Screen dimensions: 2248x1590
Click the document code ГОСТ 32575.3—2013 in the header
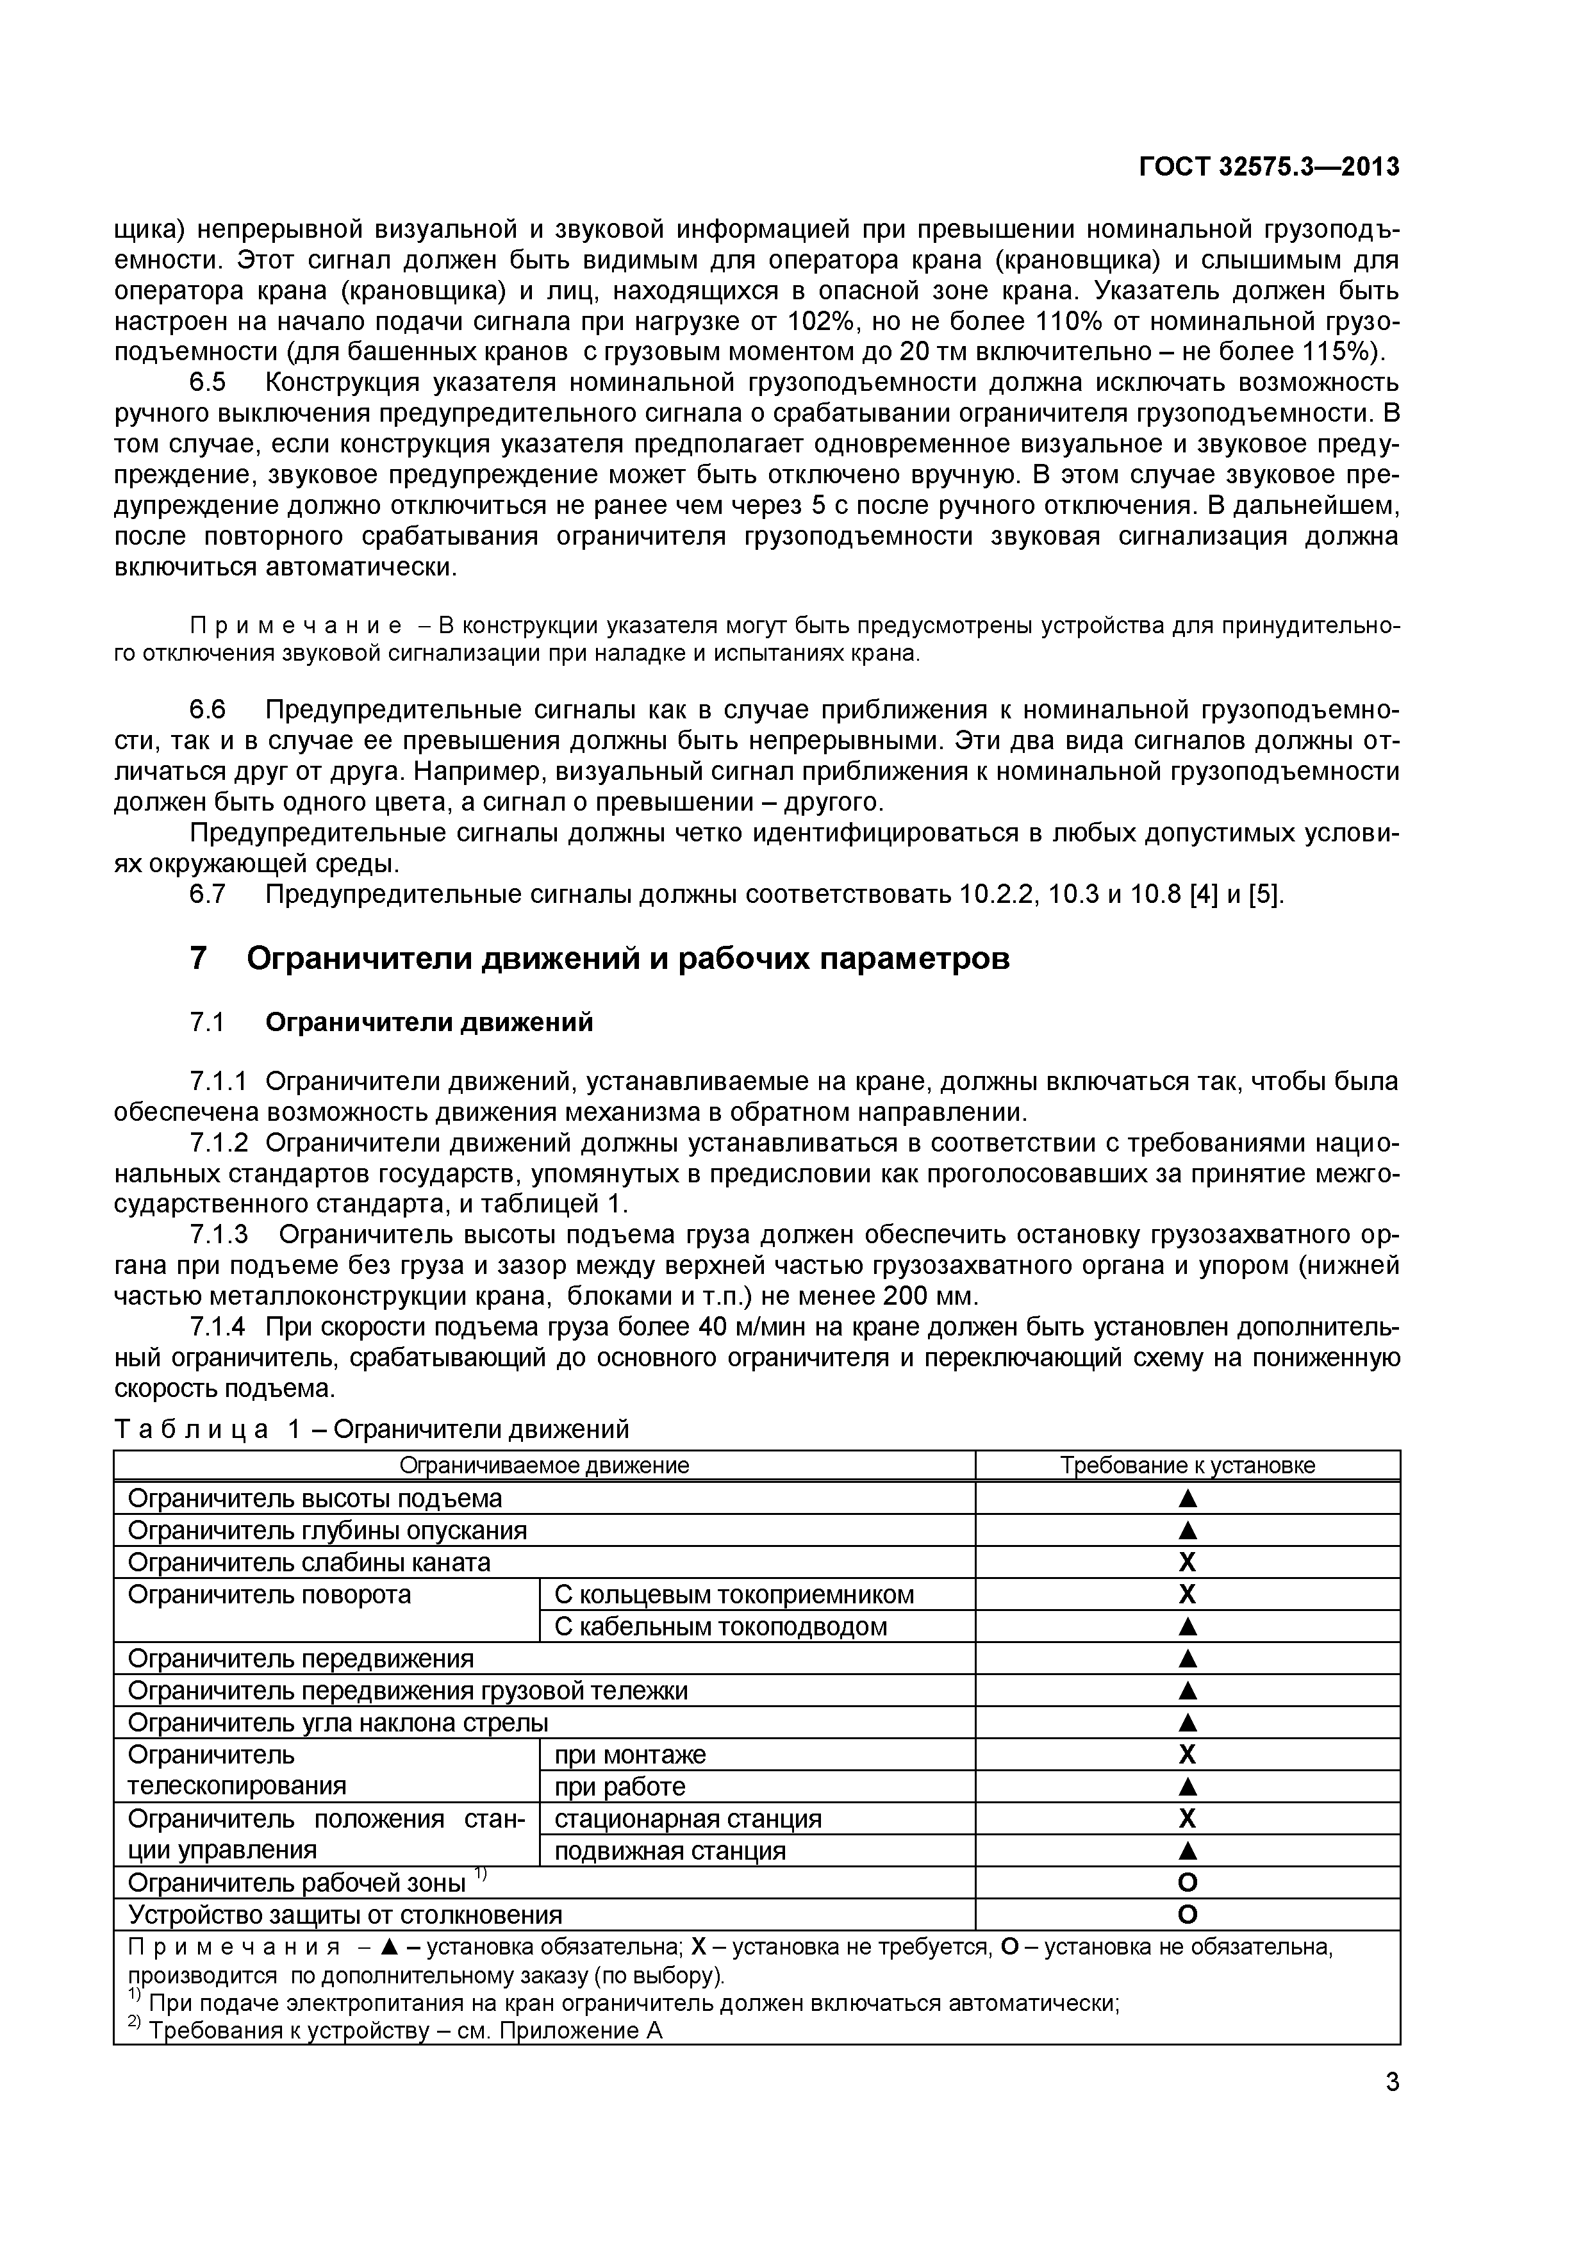(1269, 167)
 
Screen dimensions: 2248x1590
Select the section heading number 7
(198, 957)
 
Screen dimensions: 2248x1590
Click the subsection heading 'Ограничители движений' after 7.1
(429, 1022)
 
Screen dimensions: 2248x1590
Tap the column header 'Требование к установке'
(1188, 1465)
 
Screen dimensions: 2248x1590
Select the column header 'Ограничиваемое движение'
(544, 1465)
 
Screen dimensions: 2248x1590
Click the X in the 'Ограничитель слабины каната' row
(1188, 1562)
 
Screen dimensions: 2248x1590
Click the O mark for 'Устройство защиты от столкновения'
(1188, 1915)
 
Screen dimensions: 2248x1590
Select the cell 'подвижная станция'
(670, 1851)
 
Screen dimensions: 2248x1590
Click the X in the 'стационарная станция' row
(1188, 1818)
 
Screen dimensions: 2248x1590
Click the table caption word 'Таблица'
(191, 1430)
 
